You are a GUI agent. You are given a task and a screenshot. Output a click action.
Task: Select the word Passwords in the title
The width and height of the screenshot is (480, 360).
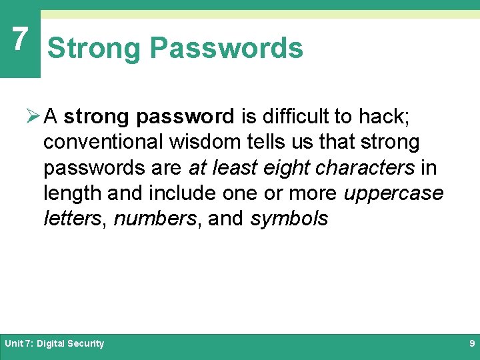226,49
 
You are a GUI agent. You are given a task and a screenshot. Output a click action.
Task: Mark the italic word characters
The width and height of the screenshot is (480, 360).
365,168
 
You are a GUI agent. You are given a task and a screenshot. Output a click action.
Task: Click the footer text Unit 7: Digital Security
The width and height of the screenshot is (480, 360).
55,344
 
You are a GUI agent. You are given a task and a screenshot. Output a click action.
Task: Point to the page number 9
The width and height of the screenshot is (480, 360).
471,344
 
